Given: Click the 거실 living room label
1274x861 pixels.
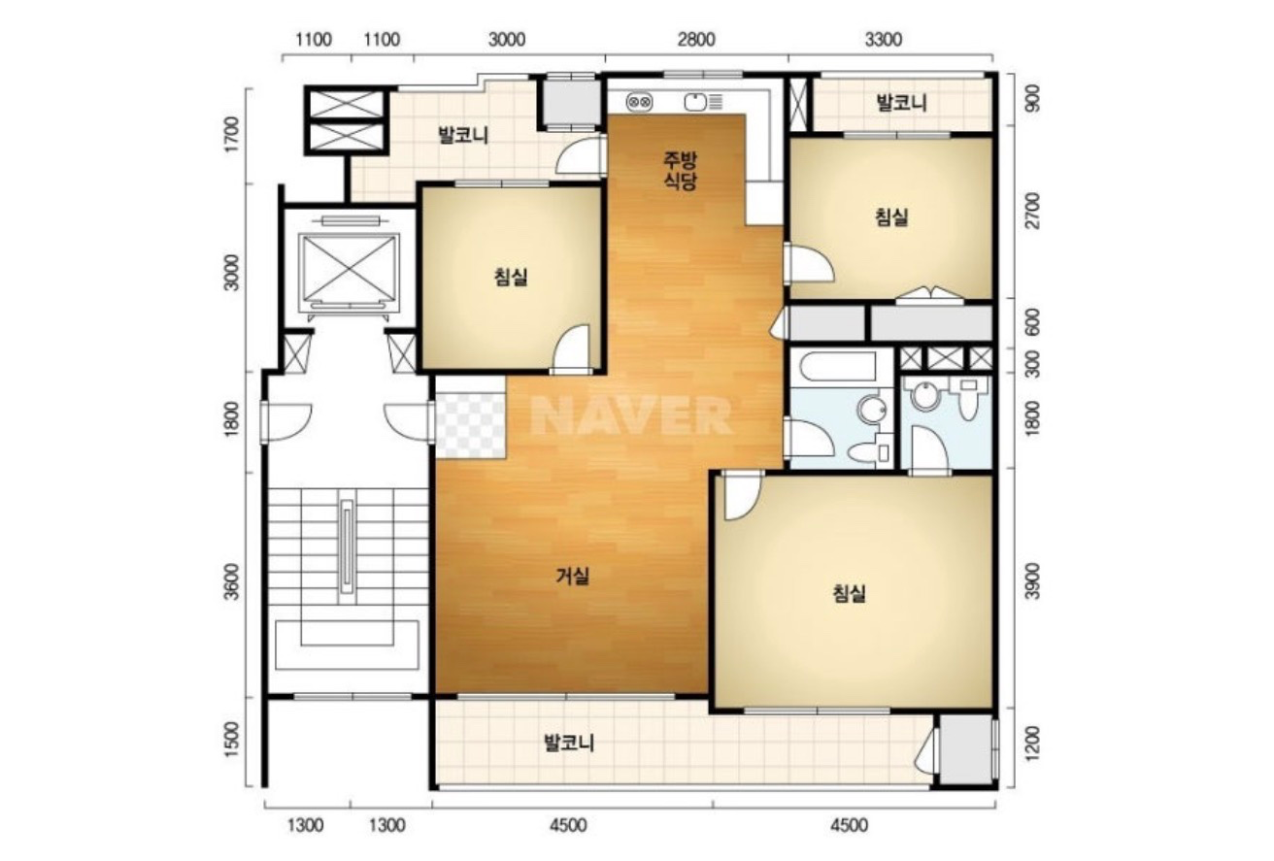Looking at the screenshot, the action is click(572, 577).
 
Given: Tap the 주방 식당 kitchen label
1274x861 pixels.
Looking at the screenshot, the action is click(681, 170).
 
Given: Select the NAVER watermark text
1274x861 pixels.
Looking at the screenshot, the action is click(631, 415).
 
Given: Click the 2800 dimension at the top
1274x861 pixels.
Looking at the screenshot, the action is click(696, 40).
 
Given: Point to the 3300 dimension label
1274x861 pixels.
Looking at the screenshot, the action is click(884, 40).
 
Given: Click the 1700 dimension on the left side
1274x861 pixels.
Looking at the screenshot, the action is click(232, 135).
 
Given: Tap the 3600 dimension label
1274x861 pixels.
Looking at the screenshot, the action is click(232, 581).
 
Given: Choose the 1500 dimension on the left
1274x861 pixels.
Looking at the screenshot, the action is click(232, 740).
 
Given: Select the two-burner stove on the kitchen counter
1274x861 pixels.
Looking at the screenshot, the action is click(639, 102).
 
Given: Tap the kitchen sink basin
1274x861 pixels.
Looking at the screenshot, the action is click(695, 102).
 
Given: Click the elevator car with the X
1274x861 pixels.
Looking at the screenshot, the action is click(350, 268).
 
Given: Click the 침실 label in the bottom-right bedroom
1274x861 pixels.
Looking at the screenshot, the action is click(849, 594).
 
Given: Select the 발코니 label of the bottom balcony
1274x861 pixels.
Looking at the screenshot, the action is click(569, 743).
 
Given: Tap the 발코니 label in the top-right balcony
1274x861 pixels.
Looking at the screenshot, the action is click(902, 103).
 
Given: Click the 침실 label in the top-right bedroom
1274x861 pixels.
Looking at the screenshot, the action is click(891, 216).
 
